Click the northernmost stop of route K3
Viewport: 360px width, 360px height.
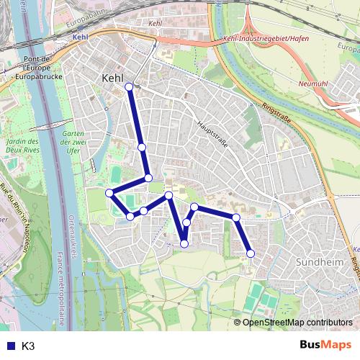(130, 86)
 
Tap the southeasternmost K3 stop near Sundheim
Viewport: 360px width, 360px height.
(251, 253)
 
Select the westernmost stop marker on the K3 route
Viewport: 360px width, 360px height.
(109, 193)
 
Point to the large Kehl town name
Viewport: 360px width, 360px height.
(114, 78)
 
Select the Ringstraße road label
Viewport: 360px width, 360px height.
(276, 113)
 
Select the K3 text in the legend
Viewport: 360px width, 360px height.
(29, 346)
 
